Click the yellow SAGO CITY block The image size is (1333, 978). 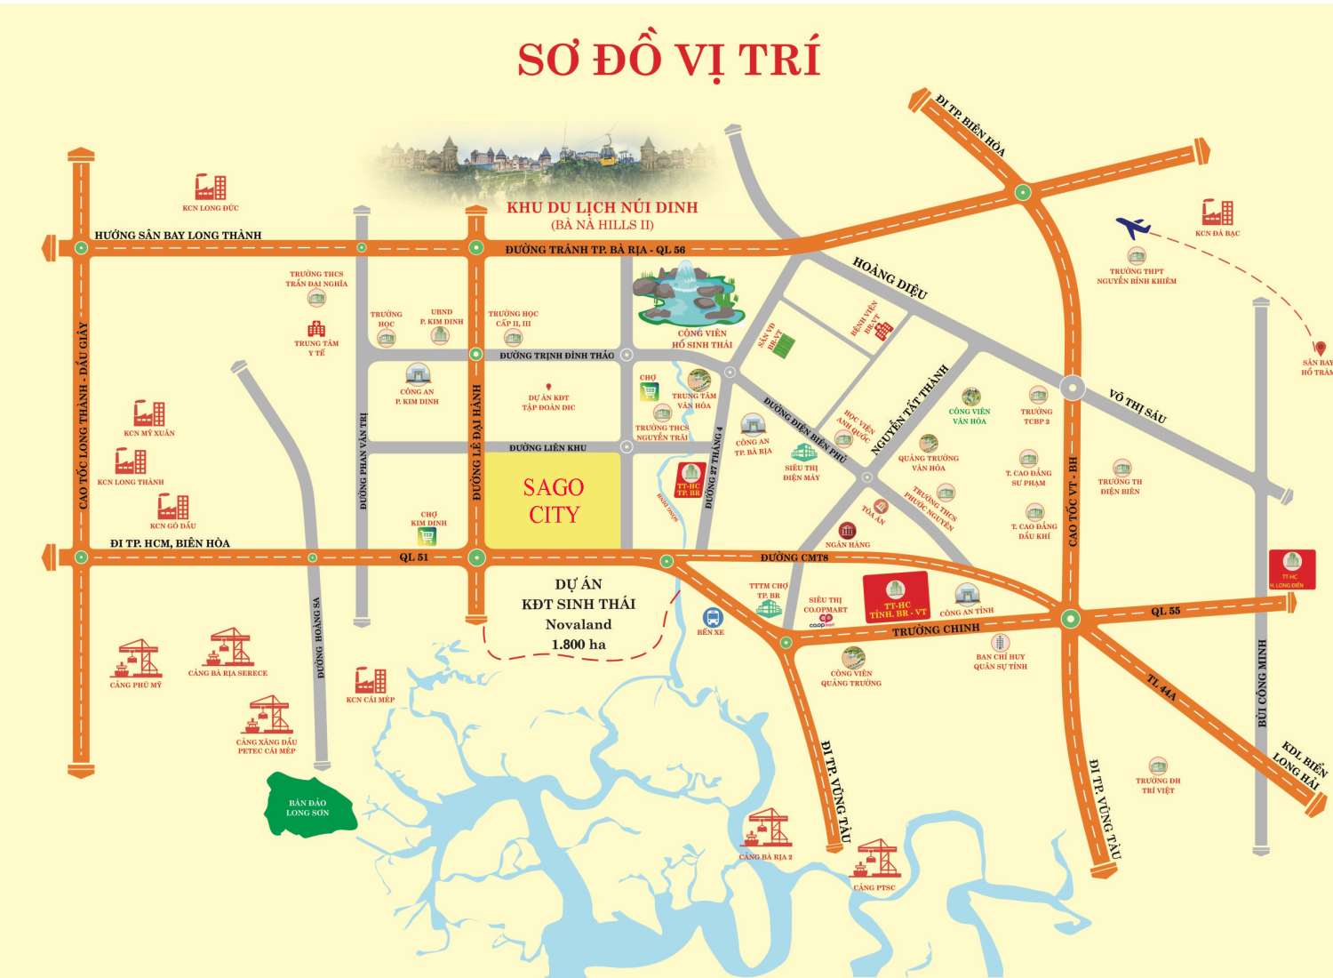[552, 500]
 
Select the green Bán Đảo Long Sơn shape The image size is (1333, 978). [308, 806]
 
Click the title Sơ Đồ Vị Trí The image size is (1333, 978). [668, 60]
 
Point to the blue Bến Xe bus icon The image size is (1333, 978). [712, 616]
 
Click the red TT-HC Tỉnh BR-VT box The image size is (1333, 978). [897, 597]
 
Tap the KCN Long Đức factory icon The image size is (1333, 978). [211, 188]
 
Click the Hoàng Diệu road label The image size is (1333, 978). [890, 277]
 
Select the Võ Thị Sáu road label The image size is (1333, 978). [1137, 405]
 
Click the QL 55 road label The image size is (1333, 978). [1165, 612]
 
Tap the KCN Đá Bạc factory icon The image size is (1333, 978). [1217, 213]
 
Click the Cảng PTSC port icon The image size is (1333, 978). [875, 859]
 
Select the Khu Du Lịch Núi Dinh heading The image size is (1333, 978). [602, 207]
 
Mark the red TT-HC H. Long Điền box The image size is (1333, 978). [1291, 569]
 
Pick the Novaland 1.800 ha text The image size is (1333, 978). [579, 634]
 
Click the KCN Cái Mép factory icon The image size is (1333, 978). [370, 681]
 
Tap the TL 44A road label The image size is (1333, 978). [1161, 688]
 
